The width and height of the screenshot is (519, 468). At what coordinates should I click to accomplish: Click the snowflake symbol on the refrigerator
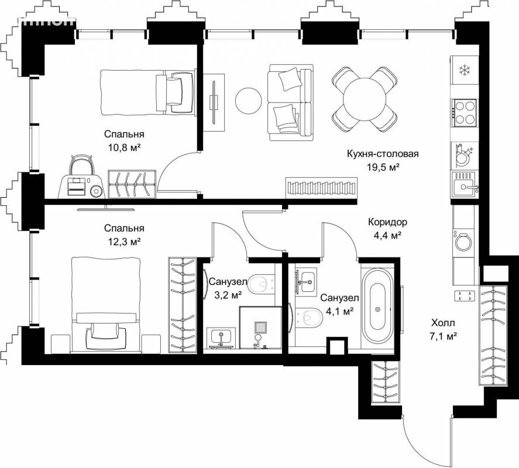(x=464, y=70)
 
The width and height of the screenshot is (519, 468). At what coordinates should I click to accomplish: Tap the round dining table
(x=365, y=98)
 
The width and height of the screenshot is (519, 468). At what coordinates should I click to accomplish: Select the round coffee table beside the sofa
(x=249, y=100)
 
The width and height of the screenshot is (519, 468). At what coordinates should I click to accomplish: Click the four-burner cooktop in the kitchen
(x=464, y=112)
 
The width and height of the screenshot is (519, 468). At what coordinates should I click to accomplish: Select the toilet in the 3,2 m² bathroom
(x=262, y=283)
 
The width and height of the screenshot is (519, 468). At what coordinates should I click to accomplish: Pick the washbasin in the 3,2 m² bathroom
(x=221, y=338)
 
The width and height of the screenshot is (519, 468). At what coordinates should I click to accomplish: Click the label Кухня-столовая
(x=383, y=154)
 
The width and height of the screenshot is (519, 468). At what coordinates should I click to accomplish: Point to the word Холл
(x=443, y=323)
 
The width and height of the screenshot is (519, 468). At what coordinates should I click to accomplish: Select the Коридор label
(x=387, y=222)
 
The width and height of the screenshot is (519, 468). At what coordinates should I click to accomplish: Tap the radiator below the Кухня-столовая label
(x=321, y=188)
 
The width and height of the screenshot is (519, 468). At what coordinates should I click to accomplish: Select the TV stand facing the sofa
(x=214, y=102)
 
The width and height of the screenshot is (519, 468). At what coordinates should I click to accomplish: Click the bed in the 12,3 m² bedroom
(x=106, y=305)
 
